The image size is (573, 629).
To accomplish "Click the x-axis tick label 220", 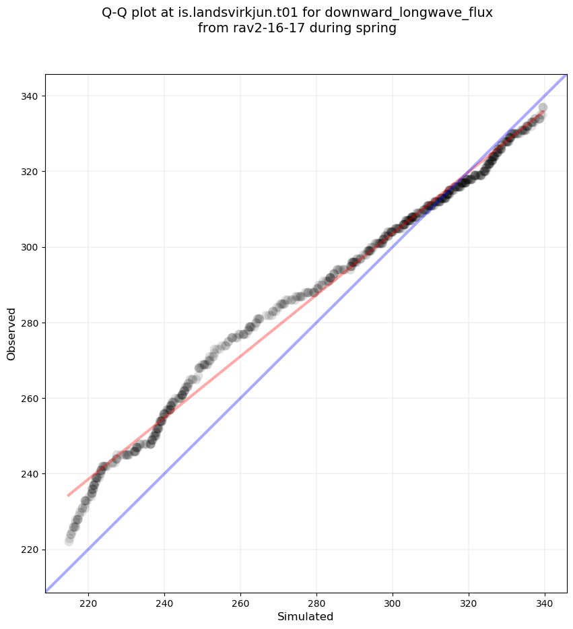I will (88, 603).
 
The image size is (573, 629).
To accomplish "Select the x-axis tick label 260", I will (240, 603).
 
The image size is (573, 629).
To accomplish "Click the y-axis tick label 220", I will (30, 550).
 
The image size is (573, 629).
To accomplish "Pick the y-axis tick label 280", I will (30, 323).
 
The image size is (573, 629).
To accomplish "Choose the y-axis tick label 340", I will (30, 96).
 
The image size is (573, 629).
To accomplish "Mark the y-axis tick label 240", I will (30, 474).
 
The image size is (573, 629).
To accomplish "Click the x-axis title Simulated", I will (306, 617).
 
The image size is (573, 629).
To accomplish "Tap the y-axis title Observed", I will (11, 334).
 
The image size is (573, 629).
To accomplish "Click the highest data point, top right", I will (543, 108).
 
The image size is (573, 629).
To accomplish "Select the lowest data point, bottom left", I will (69, 541).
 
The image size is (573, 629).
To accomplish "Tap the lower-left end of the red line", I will (68, 496).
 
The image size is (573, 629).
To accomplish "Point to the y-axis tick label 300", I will (30, 247).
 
